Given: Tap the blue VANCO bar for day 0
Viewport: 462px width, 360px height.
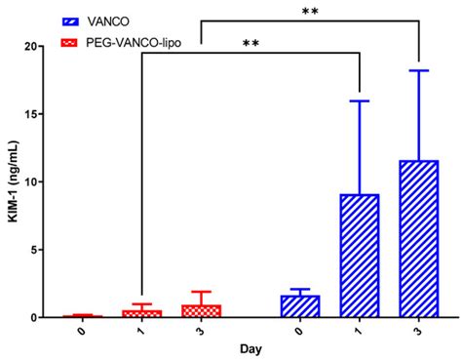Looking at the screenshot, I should coord(300,306).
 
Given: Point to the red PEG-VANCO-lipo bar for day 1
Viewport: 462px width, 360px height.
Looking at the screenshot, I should coord(142,313).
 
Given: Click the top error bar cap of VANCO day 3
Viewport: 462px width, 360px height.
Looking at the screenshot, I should coord(418,70).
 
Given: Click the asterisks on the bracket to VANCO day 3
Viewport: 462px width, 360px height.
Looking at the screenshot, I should coord(309,11).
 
